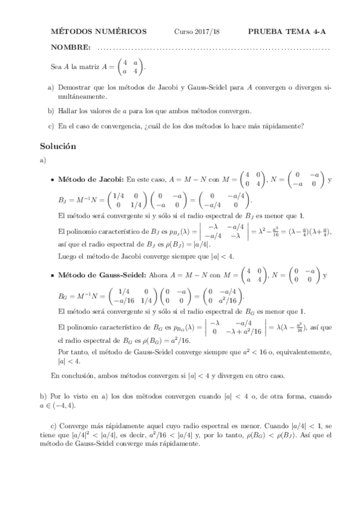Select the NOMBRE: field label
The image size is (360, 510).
pos(72,48)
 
